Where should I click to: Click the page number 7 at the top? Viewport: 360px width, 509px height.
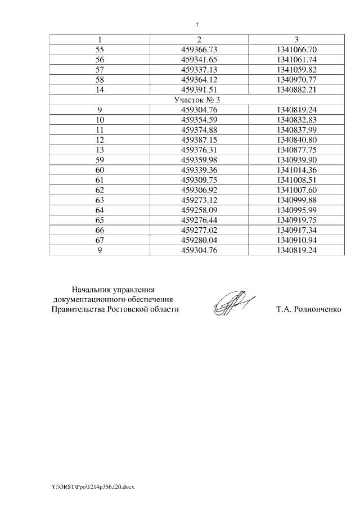tap(197, 25)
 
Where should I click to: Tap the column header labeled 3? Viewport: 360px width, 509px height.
tap(297, 39)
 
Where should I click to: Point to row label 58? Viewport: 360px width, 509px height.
tap(100, 79)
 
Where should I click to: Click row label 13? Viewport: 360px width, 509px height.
tap(100, 150)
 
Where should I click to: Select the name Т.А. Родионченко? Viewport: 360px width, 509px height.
tap(309, 309)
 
